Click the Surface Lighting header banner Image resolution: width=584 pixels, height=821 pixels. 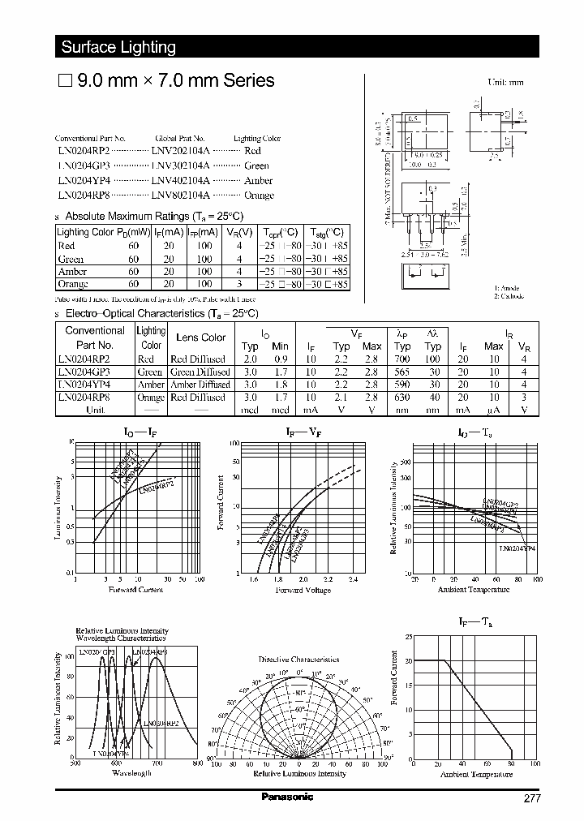tap(118, 47)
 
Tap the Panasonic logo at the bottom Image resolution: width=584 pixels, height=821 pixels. tap(286, 797)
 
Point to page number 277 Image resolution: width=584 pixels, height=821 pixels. tap(531, 797)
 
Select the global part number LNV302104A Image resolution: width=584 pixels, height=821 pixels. tap(180, 165)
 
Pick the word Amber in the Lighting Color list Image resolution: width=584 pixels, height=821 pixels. tap(258, 180)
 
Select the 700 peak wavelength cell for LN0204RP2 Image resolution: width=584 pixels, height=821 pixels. tap(401, 359)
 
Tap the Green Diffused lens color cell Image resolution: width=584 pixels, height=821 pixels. tap(200, 372)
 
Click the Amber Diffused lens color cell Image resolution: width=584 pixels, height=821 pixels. tap(200, 385)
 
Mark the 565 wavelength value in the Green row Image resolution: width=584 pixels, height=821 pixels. tap(401, 372)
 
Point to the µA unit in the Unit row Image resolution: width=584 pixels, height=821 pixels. tap(494, 410)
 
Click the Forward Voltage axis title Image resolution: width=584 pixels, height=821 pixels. tap(303, 590)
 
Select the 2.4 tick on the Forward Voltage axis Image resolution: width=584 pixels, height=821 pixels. tap(352, 579)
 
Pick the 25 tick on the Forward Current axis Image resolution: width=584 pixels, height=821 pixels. tap(408, 637)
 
